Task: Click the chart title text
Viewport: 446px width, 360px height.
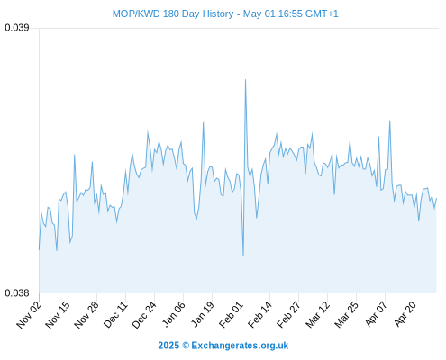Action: click(x=225, y=13)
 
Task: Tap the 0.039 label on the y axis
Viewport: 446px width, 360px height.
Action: click(x=17, y=28)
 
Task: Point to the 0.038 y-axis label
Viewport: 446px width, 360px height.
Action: click(x=17, y=292)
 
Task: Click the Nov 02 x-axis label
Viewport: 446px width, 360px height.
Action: click(x=29, y=314)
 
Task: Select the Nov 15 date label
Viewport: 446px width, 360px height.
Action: click(x=58, y=314)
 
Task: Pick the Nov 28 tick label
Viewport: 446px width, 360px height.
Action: click(x=86, y=314)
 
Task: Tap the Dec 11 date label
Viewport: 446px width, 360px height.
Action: click(x=115, y=314)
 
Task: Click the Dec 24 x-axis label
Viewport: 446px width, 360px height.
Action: click(x=144, y=314)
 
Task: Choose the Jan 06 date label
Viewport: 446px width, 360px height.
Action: click(x=173, y=314)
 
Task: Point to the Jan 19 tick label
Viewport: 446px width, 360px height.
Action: click(x=202, y=314)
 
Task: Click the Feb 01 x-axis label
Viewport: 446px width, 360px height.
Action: click(x=231, y=314)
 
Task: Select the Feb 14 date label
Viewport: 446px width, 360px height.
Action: click(x=259, y=314)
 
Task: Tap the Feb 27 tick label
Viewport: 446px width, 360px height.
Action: click(x=288, y=314)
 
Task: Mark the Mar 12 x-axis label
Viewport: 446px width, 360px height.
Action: click(x=317, y=314)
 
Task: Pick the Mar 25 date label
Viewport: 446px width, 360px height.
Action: click(x=346, y=314)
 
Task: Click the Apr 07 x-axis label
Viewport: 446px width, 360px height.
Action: click(x=375, y=314)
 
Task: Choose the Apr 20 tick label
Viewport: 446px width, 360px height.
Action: click(x=404, y=314)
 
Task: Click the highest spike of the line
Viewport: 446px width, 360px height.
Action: click(x=245, y=80)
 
